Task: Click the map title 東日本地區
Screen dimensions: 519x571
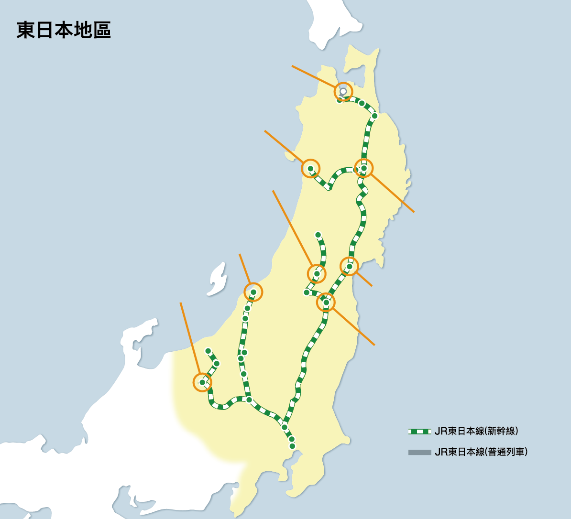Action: [64, 30]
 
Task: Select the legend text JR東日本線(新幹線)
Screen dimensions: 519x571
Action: [476, 431]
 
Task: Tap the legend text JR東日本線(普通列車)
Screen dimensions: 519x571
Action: [481, 452]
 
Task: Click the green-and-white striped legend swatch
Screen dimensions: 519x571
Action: [419, 432]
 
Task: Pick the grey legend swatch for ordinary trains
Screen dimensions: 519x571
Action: [419, 452]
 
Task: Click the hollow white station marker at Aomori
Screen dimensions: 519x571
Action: [343, 91]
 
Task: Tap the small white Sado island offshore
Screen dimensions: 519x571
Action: [218, 279]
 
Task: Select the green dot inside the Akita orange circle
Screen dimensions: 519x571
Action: [310, 168]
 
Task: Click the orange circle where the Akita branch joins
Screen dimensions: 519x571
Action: [363, 168]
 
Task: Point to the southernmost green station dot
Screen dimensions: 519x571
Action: [292, 446]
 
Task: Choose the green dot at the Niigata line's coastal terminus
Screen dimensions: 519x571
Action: [253, 292]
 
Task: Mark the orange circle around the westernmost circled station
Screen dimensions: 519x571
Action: [202, 382]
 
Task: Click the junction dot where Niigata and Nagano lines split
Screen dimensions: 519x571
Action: [249, 400]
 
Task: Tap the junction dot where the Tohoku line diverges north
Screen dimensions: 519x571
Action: [285, 427]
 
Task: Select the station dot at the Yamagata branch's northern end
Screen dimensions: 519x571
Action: [318, 235]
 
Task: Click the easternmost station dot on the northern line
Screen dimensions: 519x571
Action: [374, 116]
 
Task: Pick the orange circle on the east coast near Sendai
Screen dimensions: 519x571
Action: [349, 266]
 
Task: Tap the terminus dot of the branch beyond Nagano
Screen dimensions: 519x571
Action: [208, 351]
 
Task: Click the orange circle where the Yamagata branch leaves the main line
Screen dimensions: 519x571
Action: [326, 302]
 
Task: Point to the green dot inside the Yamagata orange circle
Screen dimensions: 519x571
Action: [317, 274]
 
